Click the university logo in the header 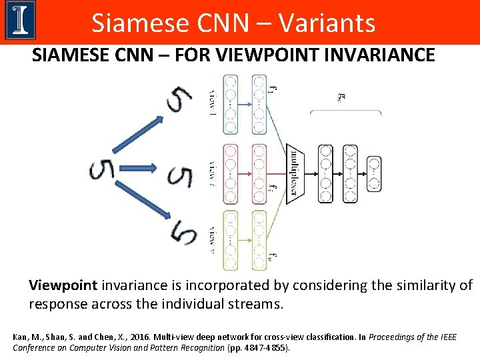click(20, 21)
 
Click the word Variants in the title click(327, 23)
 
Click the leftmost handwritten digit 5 click(101, 170)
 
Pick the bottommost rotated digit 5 click(183, 234)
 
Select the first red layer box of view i click(231, 173)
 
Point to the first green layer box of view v click(231, 240)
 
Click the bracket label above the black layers click(342, 97)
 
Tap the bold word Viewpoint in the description click(63, 286)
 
